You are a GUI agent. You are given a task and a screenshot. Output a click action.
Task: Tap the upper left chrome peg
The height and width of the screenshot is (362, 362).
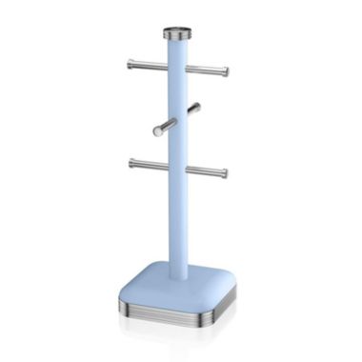click(149, 65)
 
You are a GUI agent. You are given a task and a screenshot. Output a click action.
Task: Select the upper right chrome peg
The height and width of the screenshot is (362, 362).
click(206, 70)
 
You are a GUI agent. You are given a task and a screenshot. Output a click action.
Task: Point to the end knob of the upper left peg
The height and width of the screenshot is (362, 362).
click(131, 64)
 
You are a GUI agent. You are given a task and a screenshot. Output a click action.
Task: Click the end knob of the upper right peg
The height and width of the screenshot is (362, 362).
click(226, 71)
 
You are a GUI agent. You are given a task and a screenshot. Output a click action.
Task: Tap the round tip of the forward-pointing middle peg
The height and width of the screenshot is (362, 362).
click(156, 131)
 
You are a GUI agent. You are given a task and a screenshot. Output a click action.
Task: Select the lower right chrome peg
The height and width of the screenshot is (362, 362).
click(206, 171)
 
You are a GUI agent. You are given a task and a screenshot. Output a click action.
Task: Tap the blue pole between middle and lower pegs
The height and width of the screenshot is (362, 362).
click(178, 148)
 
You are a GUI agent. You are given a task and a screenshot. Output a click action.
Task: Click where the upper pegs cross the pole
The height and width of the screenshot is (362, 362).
click(178, 68)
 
